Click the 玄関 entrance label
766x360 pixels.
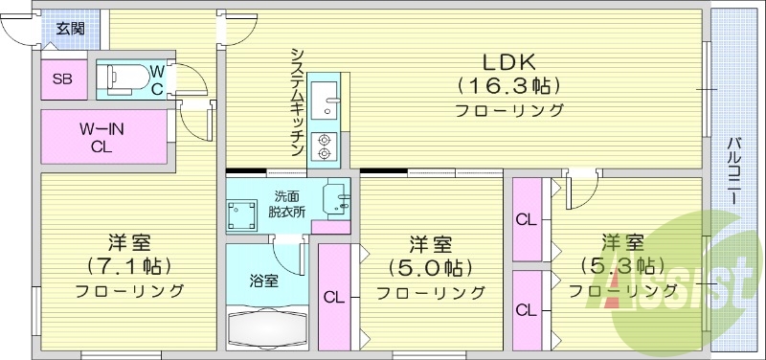click(69, 28)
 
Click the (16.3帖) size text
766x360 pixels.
click(508, 85)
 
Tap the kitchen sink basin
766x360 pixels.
click(325, 96)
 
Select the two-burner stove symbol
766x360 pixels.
click(325, 143)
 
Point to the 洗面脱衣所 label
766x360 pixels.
click(287, 204)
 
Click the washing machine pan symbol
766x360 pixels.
click(240, 214)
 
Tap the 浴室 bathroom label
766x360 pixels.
click(263, 281)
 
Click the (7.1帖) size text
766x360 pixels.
click(127, 265)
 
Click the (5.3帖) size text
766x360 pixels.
click(622, 264)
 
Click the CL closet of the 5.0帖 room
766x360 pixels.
click(333, 297)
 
